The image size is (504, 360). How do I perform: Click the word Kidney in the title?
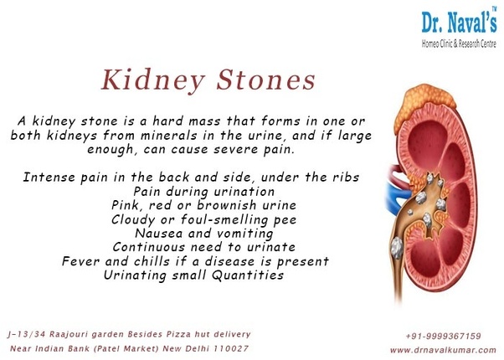coord(153,80)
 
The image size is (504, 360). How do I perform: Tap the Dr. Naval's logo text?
coord(460,21)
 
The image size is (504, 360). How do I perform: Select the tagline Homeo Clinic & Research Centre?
coord(459,44)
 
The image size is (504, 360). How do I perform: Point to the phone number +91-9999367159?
coord(443,337)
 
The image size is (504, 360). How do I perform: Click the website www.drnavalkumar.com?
coord(443,350)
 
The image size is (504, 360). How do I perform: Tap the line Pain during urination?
coord(204,192)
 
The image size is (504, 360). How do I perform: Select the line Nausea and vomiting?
coord(204,234)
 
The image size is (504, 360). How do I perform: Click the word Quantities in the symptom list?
coord(248,275)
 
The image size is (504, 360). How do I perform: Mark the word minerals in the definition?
coord(169,136)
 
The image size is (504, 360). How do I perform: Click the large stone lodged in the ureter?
coord(398,248)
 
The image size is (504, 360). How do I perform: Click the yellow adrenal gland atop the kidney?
coord(424,104)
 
